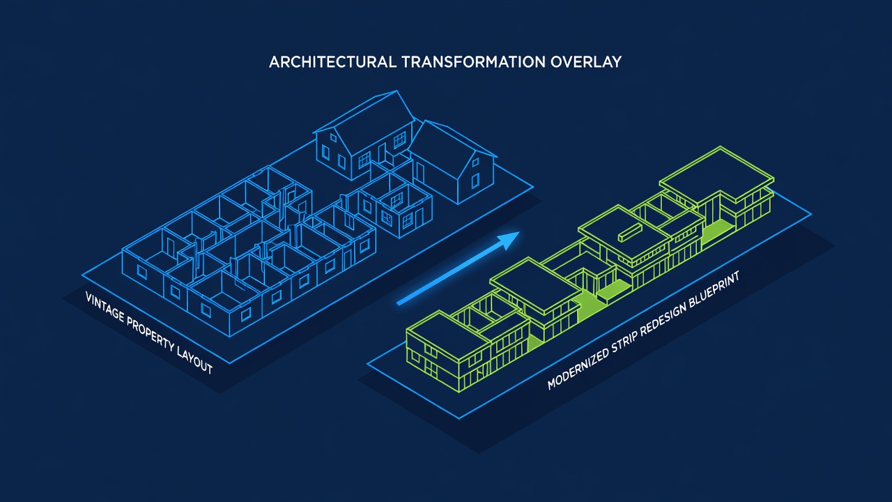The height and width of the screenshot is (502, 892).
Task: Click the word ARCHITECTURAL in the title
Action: coord(332,62)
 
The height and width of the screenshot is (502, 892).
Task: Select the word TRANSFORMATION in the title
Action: coord(473,62)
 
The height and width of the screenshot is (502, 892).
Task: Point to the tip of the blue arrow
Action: coord(519,232)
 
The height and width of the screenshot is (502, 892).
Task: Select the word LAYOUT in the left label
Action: coord(194,361)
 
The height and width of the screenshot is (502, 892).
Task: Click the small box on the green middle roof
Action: coord(629,233)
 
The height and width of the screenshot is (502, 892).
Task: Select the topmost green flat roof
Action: coord(716,174)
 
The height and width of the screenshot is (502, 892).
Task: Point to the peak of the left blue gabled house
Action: coord(397,91)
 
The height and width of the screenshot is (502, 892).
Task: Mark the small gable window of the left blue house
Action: coord(333,138)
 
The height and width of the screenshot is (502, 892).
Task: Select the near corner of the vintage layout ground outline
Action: coord(230,363)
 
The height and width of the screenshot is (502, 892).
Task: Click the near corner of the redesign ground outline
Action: coord(459,418)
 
